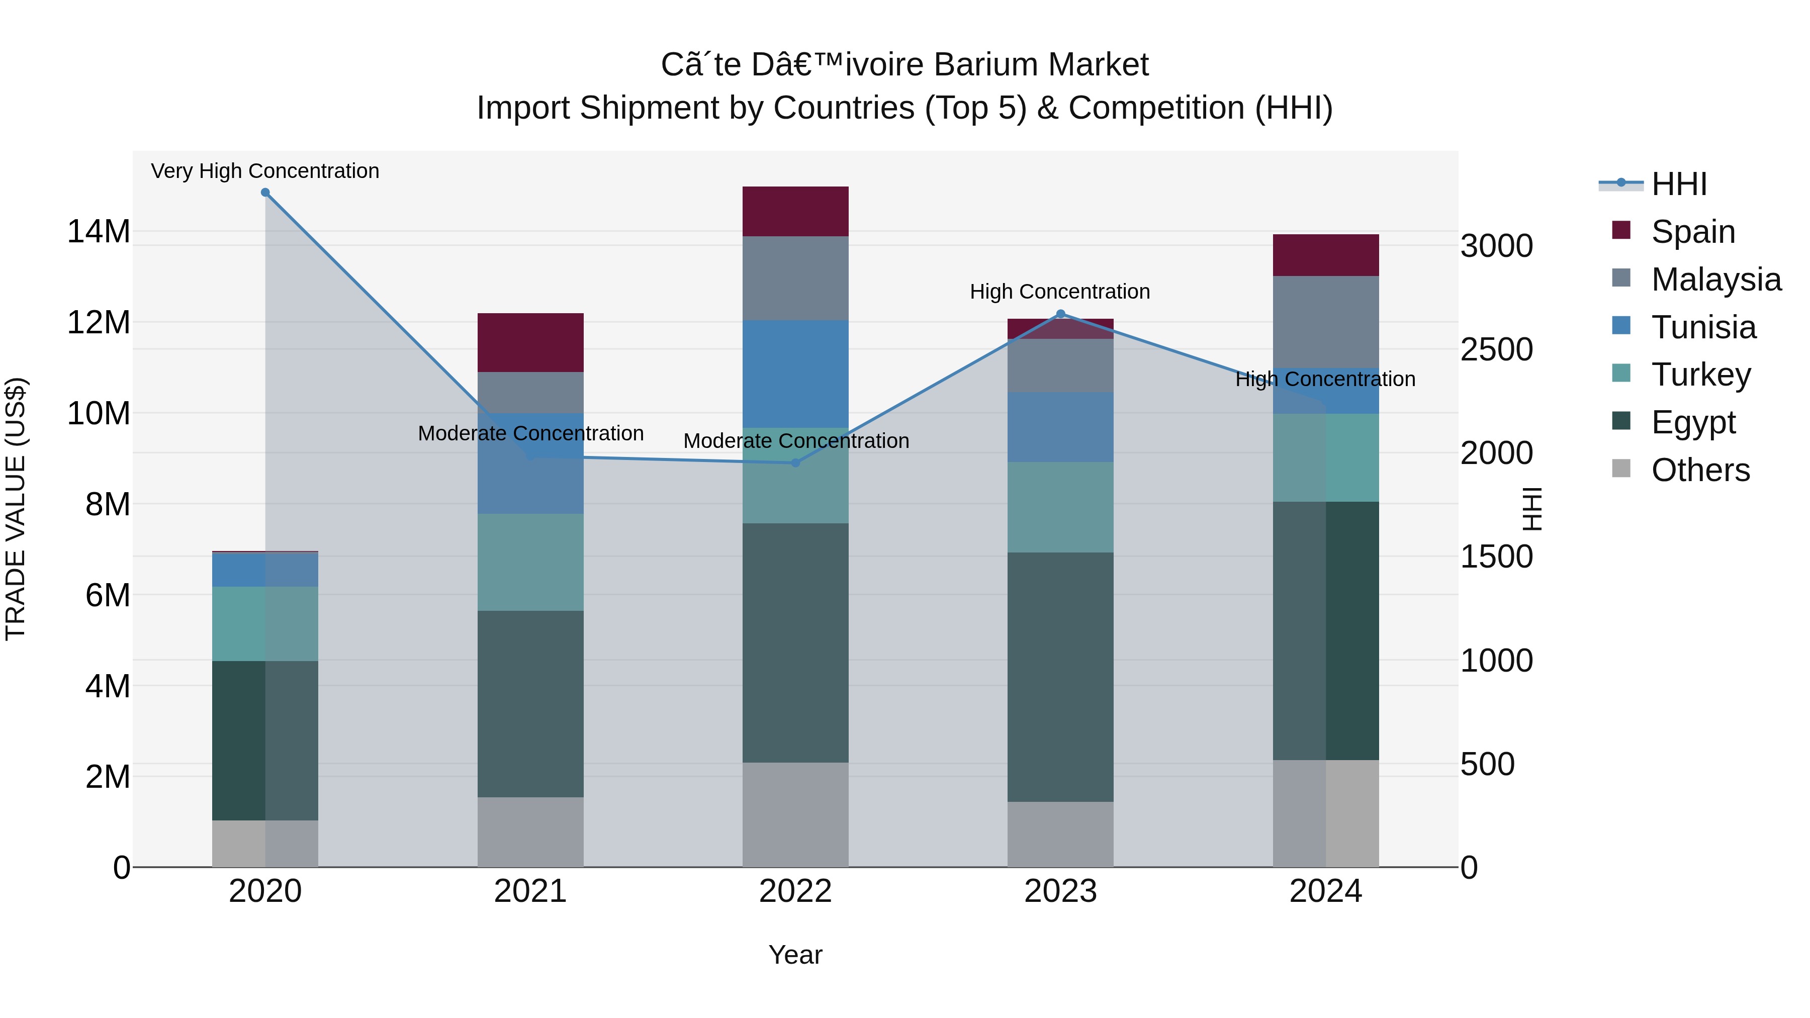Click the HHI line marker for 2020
coord(265,193)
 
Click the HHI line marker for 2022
coord(795,462)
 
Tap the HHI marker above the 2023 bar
coord(1060,314)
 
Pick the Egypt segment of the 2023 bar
coord(1060,677)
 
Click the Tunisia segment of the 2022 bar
coord(795,374)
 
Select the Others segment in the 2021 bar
coord(530,832)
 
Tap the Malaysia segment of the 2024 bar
coord(1326,322)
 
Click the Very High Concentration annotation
coord(265,171)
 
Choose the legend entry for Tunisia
coord(1703,327)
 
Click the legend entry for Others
coord(1700,470)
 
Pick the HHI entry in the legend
coord(1679,184)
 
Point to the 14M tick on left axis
coord(99,231)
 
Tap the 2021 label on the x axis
coord(530,891)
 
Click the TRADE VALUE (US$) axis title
coord(16,509)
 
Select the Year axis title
coord(795,955)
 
